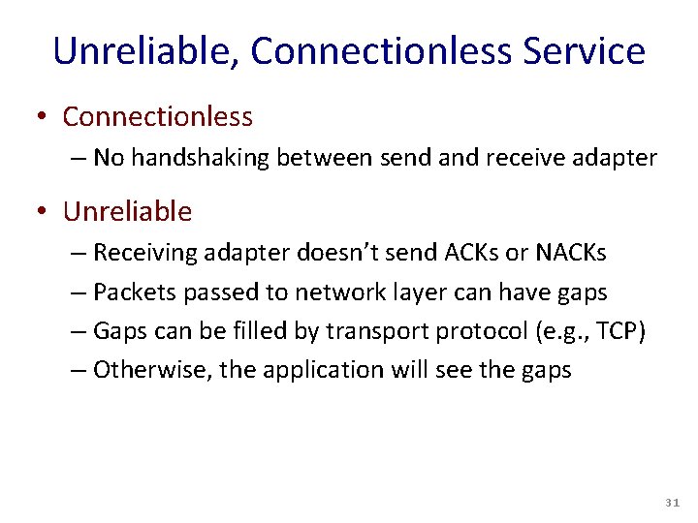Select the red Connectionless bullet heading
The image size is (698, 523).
(157, 117)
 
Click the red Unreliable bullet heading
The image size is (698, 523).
(127, 211)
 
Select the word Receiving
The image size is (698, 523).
(143, 253)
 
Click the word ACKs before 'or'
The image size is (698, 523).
(470, 253)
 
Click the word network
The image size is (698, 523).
(333, 292)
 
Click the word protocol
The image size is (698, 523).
(474, 330)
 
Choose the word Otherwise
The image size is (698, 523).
(142, 369)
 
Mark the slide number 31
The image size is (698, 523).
(673, 504)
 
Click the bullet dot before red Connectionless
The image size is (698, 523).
(42, 117)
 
